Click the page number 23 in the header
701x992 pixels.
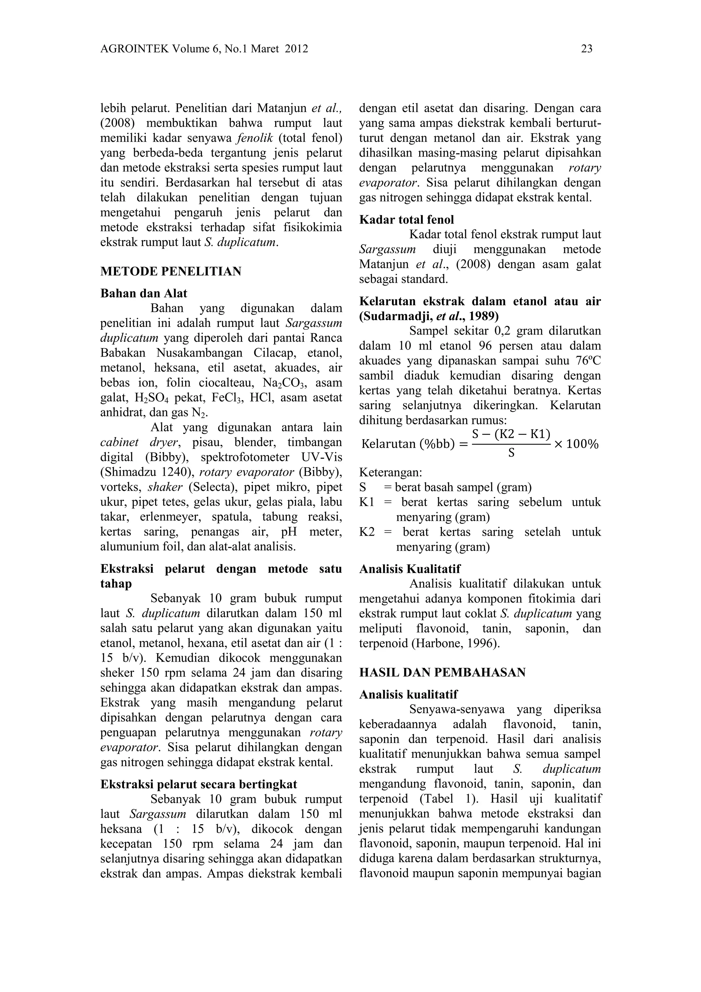tap(587, 49)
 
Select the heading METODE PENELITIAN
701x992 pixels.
tap(170, 271)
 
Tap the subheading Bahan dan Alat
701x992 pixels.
tap(144, 293)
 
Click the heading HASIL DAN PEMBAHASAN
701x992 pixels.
tap(442, 673)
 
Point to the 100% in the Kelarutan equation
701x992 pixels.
tap(582, 444)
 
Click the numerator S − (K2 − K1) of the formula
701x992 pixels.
tap(511, 434)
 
